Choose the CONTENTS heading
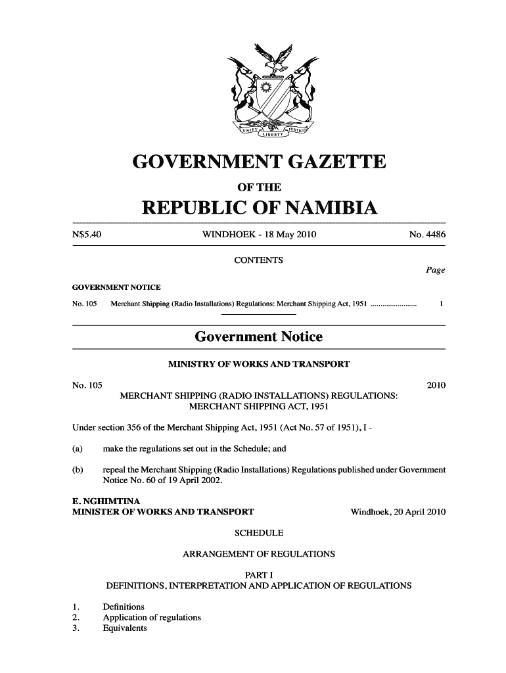click(258, 260)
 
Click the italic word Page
click(435, 270)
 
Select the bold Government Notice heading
click(258, 337)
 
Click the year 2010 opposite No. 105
click(436, 385)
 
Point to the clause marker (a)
click(78, 449)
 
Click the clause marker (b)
click(78, 470)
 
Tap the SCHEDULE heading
click(258, 532)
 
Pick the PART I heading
click(258, 575)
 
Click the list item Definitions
click(124, 607)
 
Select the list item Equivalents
click(125, 628)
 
